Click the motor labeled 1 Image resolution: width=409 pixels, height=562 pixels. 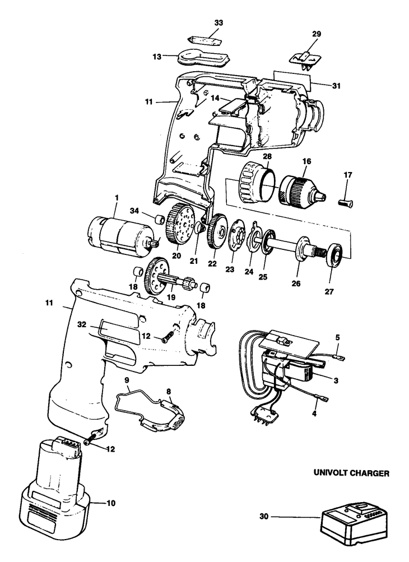pos(119,235)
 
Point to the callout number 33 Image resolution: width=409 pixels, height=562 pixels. pos(219,23)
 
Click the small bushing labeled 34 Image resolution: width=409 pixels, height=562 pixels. pos(160,218)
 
